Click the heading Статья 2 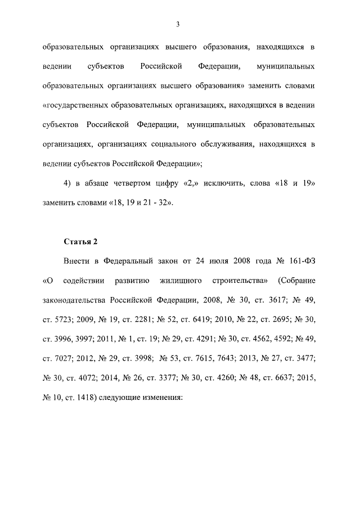coord(80,241)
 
